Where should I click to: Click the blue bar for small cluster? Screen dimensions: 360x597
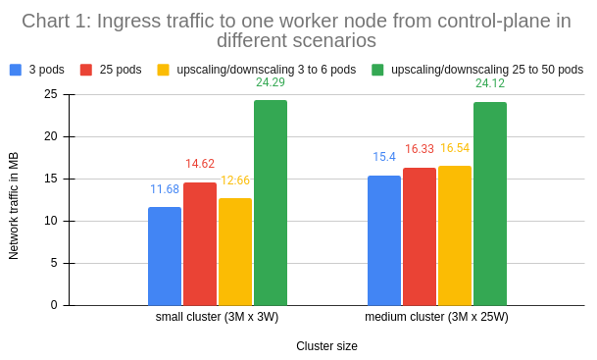point(165,256)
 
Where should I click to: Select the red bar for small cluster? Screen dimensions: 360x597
point(200,243)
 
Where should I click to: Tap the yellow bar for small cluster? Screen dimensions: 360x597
point(235,252)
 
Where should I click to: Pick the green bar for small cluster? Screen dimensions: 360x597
point(271,203)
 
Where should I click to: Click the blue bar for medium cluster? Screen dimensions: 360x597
point(384,240)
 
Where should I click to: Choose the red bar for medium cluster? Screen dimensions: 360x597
point(420,236)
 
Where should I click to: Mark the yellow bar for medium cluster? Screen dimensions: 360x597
point(455,235)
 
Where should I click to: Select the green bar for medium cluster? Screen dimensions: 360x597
point(490,204)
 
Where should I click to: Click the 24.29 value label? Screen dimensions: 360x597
point(271,83)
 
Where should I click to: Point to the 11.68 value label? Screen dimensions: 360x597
point(165,189)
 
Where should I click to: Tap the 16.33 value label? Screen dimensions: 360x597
point(420,149)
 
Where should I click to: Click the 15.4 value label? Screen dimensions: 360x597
point(384,157)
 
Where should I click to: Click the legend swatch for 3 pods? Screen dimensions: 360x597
point(16,70)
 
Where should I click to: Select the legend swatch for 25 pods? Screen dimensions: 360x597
point(86,70)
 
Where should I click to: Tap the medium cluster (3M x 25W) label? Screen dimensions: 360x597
point(436,318)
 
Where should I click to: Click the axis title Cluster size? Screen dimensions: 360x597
point(326,346)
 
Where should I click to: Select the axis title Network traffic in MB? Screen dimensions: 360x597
point(14,207)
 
